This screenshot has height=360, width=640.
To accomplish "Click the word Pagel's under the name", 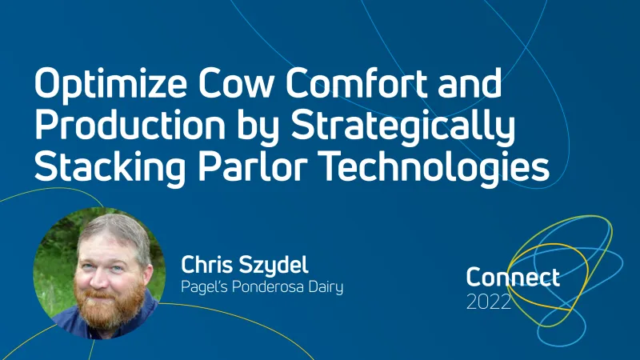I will (205, 286).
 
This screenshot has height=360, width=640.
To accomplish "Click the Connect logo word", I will (513, 278).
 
